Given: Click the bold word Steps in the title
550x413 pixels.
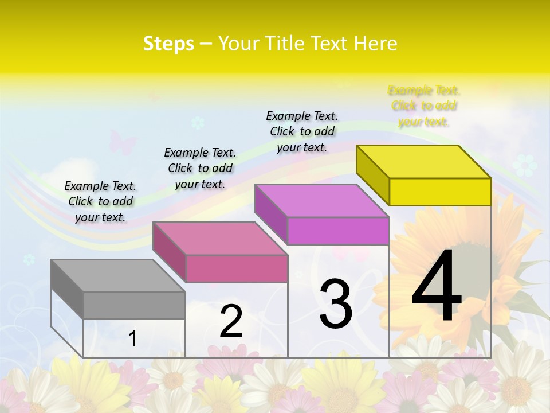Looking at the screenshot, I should [168, 44].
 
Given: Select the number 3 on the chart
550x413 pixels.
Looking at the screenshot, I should [336, 303].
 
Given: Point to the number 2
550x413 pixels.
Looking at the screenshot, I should [231, 322].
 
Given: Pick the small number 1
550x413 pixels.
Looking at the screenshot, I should [133, 339].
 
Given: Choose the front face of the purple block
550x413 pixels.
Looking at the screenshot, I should [338, 231].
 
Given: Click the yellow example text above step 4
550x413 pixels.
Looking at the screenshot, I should [423, 106].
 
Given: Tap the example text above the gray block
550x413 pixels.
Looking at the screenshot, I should [100, 201].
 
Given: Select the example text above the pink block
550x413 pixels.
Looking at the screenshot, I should [200, 168].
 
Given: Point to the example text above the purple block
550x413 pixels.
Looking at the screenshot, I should [302, 131].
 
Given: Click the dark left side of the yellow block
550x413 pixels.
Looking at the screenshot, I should [372, 176].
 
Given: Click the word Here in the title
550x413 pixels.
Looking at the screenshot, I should [376, 44].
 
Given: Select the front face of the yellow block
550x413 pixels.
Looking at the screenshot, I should [440, 192].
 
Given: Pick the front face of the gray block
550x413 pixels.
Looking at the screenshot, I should [134, 305].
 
